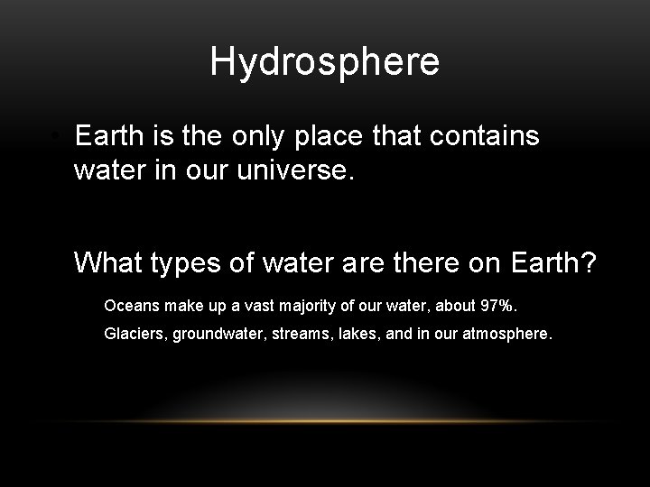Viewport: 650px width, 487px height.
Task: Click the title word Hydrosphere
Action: [x=325, y=62]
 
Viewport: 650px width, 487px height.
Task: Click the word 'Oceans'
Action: [x=129, y=305]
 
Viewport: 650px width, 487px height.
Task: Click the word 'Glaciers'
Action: [x=135, y=334]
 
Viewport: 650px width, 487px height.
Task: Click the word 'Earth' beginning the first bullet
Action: [x=106, y=136]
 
